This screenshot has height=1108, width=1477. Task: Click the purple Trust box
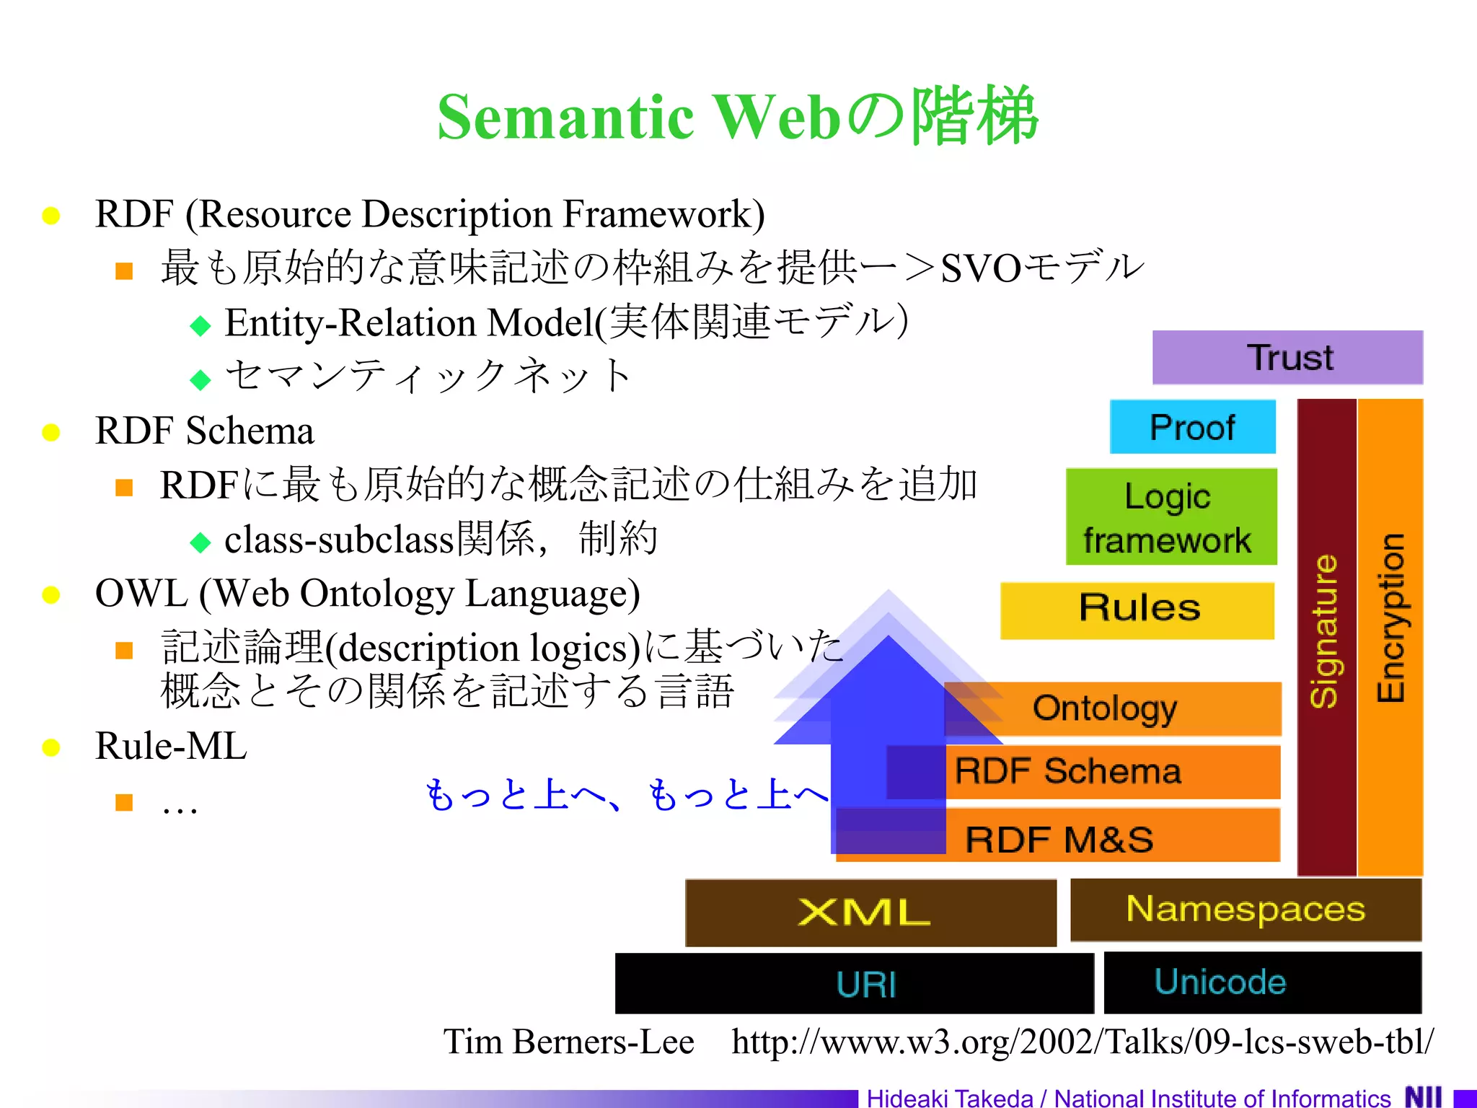point(1287,358)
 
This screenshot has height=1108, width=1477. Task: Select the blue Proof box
point(1192,427)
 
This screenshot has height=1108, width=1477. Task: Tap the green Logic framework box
point(1170,517)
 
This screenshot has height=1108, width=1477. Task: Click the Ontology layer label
point(1105,708)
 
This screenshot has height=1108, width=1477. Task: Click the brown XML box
point(870,913)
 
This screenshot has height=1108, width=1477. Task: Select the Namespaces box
point(1245,909)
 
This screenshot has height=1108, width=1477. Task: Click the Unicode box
point(1262,982)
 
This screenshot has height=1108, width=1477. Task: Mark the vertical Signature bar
point(1326,635)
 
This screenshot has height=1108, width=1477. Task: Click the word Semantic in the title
point(565,117)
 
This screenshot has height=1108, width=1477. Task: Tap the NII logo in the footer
point(1423,1096)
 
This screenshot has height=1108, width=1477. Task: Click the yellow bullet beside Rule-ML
point(50,747)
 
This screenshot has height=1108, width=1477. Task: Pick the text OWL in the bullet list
point(141,594)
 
